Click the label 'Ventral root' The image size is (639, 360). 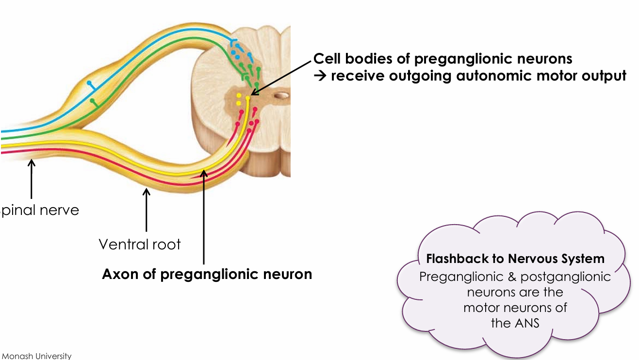pos(140,244)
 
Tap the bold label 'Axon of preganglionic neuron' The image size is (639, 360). pos(207,274)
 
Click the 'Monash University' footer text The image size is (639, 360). pos(36,356)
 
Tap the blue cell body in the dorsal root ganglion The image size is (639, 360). pos(89,83)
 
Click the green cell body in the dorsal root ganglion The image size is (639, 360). pos(92,100)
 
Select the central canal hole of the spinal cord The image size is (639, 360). pos(280,96)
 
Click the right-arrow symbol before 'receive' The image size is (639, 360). pos(320,77)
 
